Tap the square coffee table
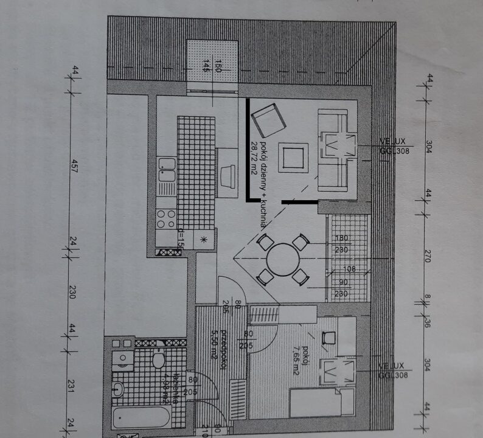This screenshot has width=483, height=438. (x=293, y=156)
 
